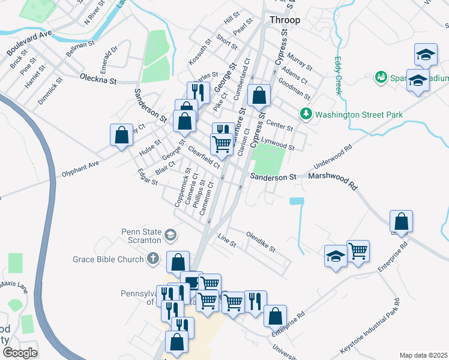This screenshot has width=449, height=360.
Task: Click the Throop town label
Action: click(285, 20)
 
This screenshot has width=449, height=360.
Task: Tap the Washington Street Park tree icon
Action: click(306, 113)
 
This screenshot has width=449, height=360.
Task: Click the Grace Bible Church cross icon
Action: click(153, 259)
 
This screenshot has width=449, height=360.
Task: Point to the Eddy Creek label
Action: click(338, 76)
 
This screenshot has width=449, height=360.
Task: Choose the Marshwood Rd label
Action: click(332, 178)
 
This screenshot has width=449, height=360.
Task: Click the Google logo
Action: click(19, 352)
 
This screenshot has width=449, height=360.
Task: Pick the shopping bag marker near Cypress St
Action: click(259, 95)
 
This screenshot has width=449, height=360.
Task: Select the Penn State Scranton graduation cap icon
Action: click(171, 235)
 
